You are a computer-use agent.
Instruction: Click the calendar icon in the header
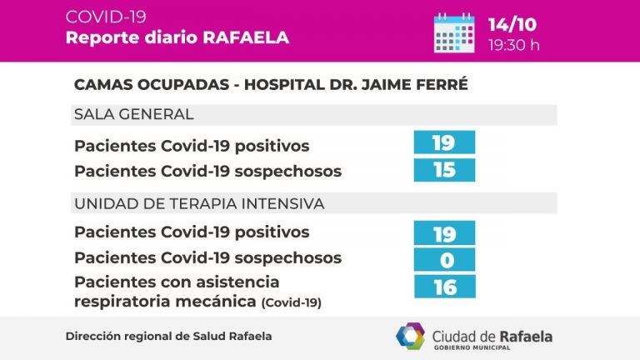pos(454,32)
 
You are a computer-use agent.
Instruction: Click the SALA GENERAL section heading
pos(133,114)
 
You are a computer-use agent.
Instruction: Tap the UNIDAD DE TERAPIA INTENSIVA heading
pos(199,203)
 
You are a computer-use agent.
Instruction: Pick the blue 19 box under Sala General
pos(444,143)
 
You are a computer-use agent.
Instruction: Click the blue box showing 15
pos(444,170)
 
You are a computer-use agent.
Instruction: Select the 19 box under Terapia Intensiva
pos(444,233)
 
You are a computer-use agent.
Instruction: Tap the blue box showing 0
pos(444,260)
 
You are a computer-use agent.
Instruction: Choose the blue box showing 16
pos(444,287)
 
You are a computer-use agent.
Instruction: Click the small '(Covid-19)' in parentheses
pos(291,302)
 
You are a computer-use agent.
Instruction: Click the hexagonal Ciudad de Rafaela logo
pos(410,337)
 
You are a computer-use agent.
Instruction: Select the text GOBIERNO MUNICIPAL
pos(492,347)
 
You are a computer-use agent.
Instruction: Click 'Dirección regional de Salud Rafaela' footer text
pos(168,336)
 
